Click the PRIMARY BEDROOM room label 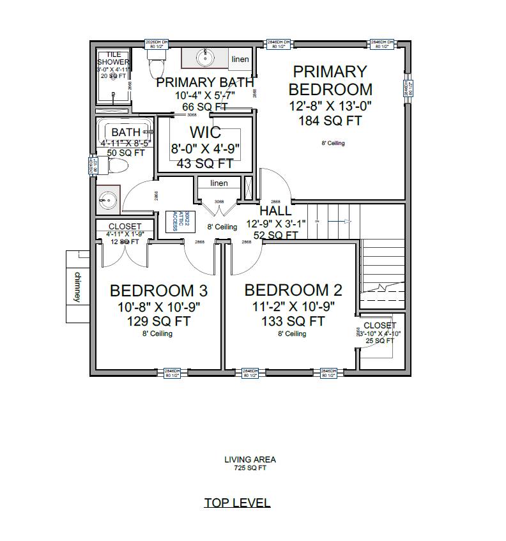(x=330, y=80)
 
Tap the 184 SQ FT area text (x=330, y=121)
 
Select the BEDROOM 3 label (x=158, y=291)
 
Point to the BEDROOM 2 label (x=293, y=290)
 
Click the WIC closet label (x=205, y=133)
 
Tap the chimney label (x=78, y=287)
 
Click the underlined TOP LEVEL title (x=237, y=502)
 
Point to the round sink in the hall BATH (x=106, y=200)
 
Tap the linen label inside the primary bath (x=240, y=59)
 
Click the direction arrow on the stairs (x=345, y=221)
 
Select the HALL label (x=275, y=211)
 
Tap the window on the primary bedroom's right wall (x=406, y=88)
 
